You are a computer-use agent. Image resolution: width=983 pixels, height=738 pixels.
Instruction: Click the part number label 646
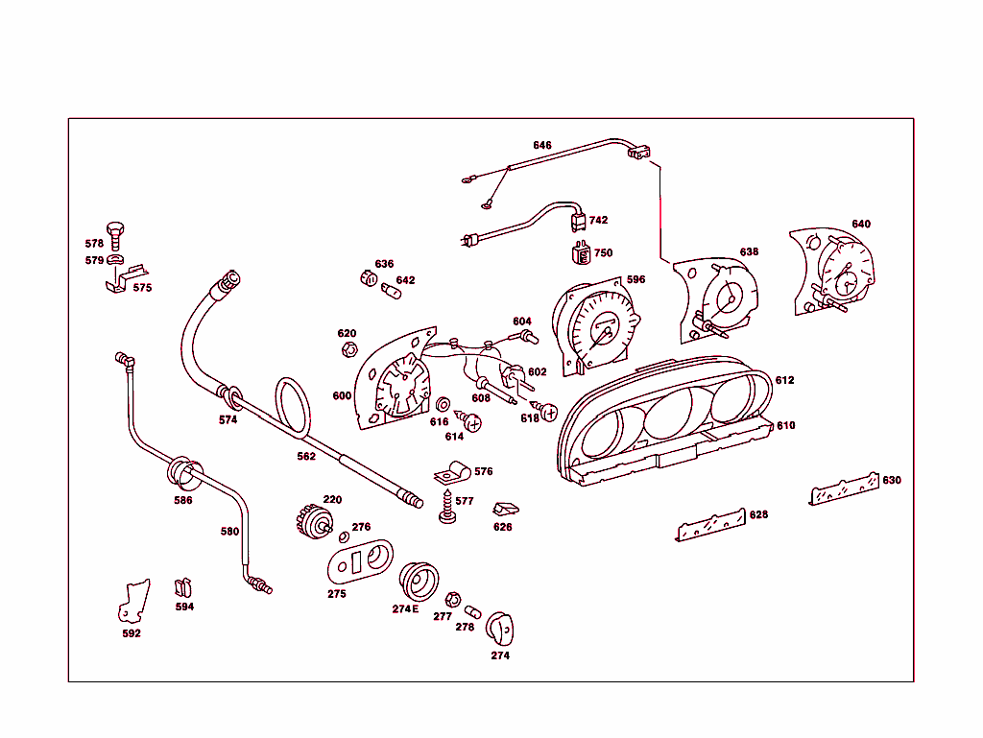(x=542, y=145)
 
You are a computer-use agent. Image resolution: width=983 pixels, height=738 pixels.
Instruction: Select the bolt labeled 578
(x=116, y=233)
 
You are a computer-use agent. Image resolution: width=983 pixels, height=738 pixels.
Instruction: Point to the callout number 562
(x=305, y=457)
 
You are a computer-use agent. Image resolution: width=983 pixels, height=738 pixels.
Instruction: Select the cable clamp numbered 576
(x=451, y=473)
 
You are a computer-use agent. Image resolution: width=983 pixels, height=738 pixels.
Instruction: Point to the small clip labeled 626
(x=504, y=509)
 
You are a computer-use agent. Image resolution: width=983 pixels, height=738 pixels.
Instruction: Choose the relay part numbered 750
(x=580, y=254)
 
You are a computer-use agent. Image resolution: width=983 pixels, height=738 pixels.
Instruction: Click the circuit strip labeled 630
(x=845, y=488)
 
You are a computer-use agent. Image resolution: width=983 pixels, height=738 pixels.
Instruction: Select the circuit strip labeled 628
(x=711, y=524)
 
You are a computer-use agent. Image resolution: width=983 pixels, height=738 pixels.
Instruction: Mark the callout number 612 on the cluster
(x=785, y=380)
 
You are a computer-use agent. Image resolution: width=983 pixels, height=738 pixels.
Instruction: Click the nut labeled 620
(x=350, y=349)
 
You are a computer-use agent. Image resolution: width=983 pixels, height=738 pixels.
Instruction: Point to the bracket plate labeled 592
(x=133, y=601)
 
